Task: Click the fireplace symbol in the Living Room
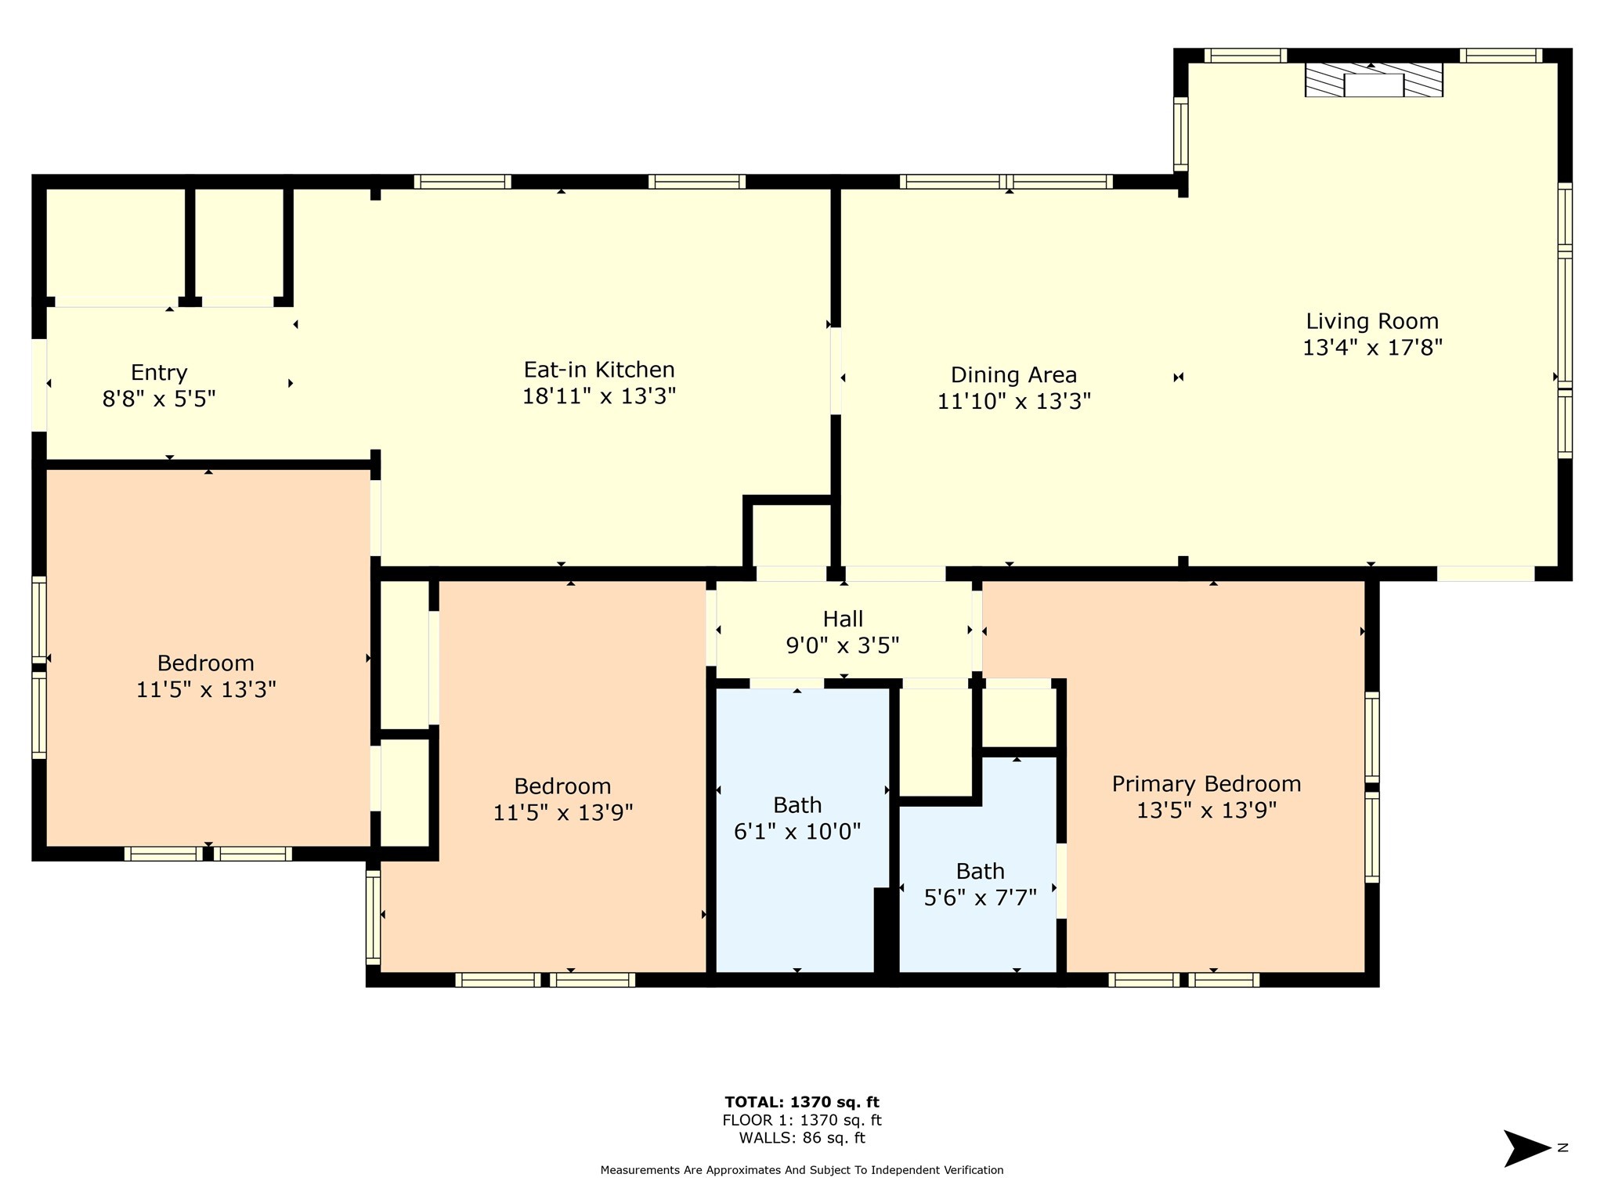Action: (x=1373, y=80)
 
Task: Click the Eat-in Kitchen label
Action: (x=598, y=370)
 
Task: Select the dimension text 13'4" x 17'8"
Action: (x=1372, y=348)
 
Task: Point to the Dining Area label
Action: (x=1013, y=374)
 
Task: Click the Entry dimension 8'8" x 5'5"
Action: (x=159, y=399)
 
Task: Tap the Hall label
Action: (x=843, y=619)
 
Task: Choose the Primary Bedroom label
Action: (x=1206, y=783)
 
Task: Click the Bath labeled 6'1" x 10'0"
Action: (x=797, y=805)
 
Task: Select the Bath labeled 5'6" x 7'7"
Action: (x=980, y=871)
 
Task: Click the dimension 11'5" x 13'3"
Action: (x=206, y=690)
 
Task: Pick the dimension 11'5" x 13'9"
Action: (x=562, y=813)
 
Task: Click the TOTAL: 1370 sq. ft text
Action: (x=801, y=1102)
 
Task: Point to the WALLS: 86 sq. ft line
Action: (x=801, y=1138)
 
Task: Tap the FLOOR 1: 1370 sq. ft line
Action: (x=801, y=1120)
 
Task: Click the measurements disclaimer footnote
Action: (x=801, y=1170)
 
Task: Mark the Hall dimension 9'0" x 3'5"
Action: (x=843, y=646)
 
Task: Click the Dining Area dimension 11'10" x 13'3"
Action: (x=1013, y=402)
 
